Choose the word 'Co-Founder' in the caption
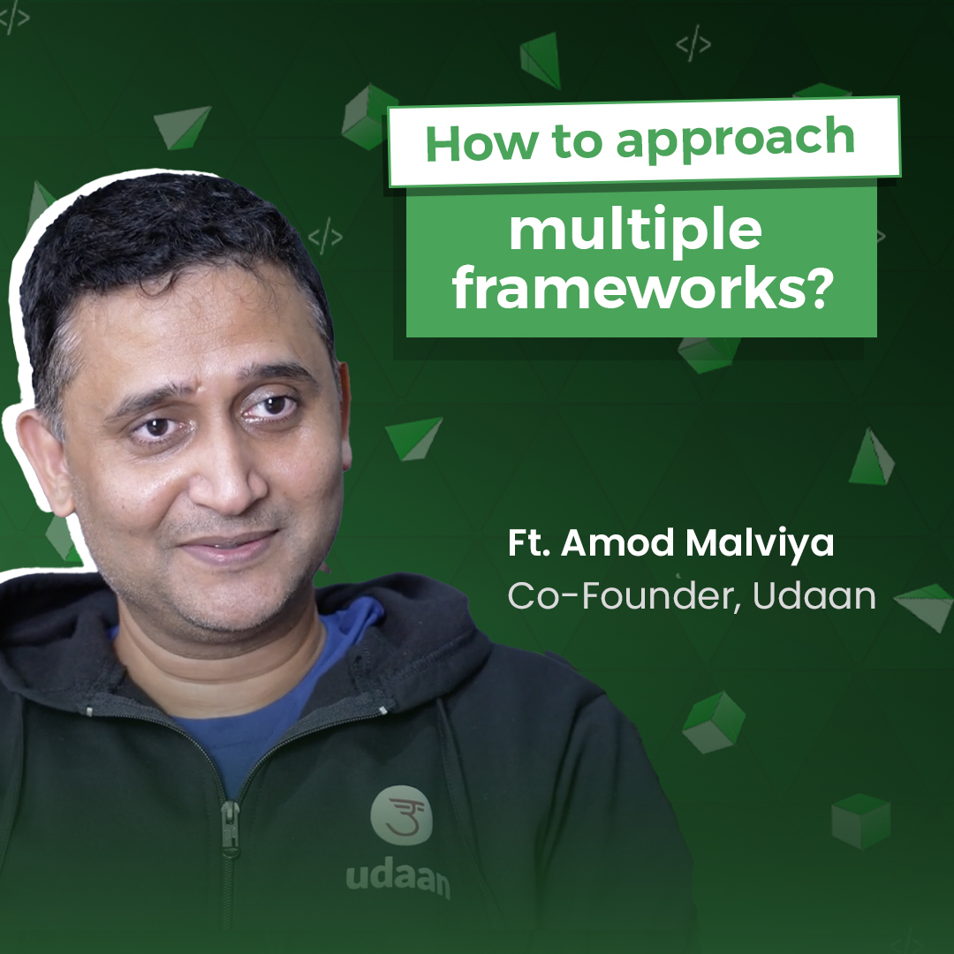[x=624, y=597]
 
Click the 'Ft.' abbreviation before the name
[x=527, y=544]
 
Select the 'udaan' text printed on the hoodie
[x=397, y=879]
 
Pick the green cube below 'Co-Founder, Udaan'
[x=713, y=720]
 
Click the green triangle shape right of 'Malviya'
[x=870, y=459]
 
